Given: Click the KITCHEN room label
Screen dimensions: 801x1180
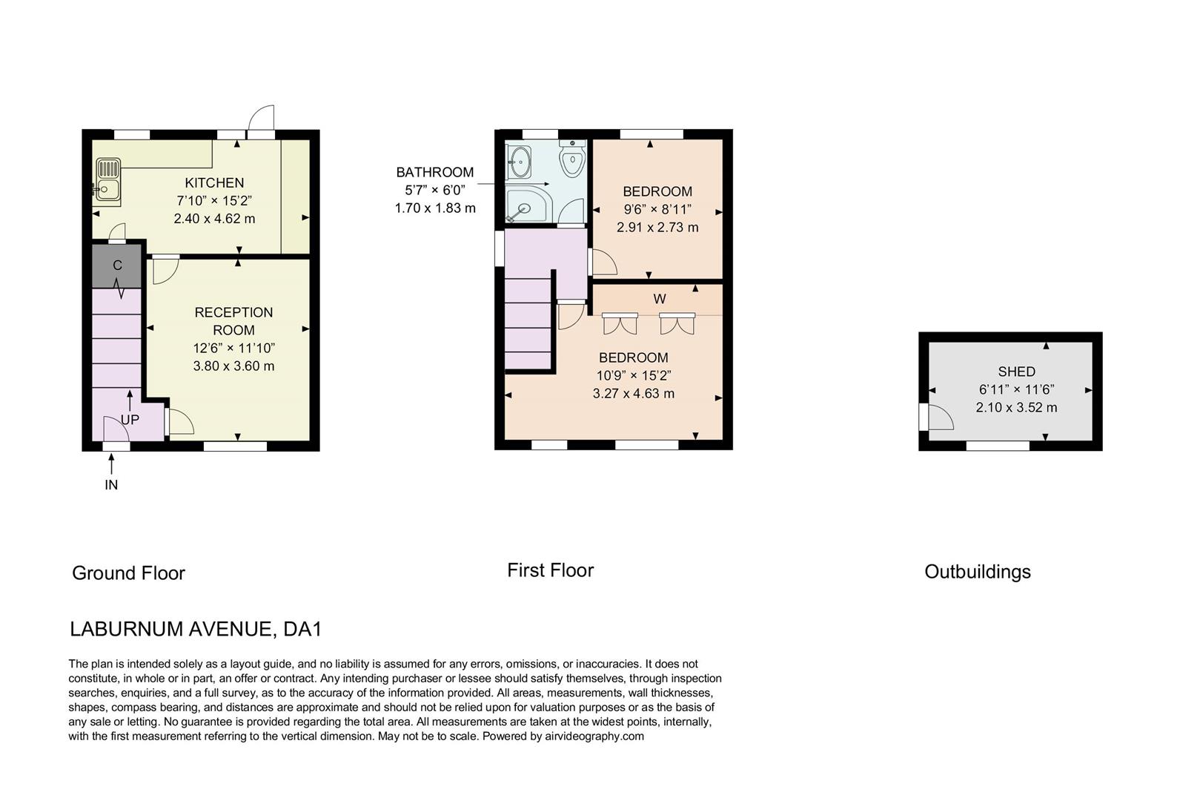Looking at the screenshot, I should coord(214,182).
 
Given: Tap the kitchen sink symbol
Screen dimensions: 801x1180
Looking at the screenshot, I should coord(107,179).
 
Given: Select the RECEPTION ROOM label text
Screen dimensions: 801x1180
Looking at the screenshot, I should coord(233,321).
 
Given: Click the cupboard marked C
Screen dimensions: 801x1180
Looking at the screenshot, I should coord(117,266).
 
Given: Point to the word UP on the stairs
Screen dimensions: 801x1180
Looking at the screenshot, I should coord(130,420).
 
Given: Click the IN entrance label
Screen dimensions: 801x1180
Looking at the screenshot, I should coord(111,485).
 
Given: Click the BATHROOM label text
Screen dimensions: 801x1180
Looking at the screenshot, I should coord(434,172).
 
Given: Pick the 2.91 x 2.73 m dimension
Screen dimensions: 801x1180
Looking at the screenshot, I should coord(657,228).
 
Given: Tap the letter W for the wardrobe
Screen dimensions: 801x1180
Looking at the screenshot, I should coord(660,299).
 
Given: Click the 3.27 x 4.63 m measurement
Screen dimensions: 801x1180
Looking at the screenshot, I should coord(633,394).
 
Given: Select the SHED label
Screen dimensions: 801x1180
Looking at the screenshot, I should coord(1016,372).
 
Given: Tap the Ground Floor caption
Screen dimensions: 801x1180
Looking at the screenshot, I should coord(128,573).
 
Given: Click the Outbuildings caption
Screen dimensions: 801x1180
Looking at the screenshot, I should coord(977,572).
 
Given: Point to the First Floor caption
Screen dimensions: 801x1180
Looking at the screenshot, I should coord(550,570).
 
